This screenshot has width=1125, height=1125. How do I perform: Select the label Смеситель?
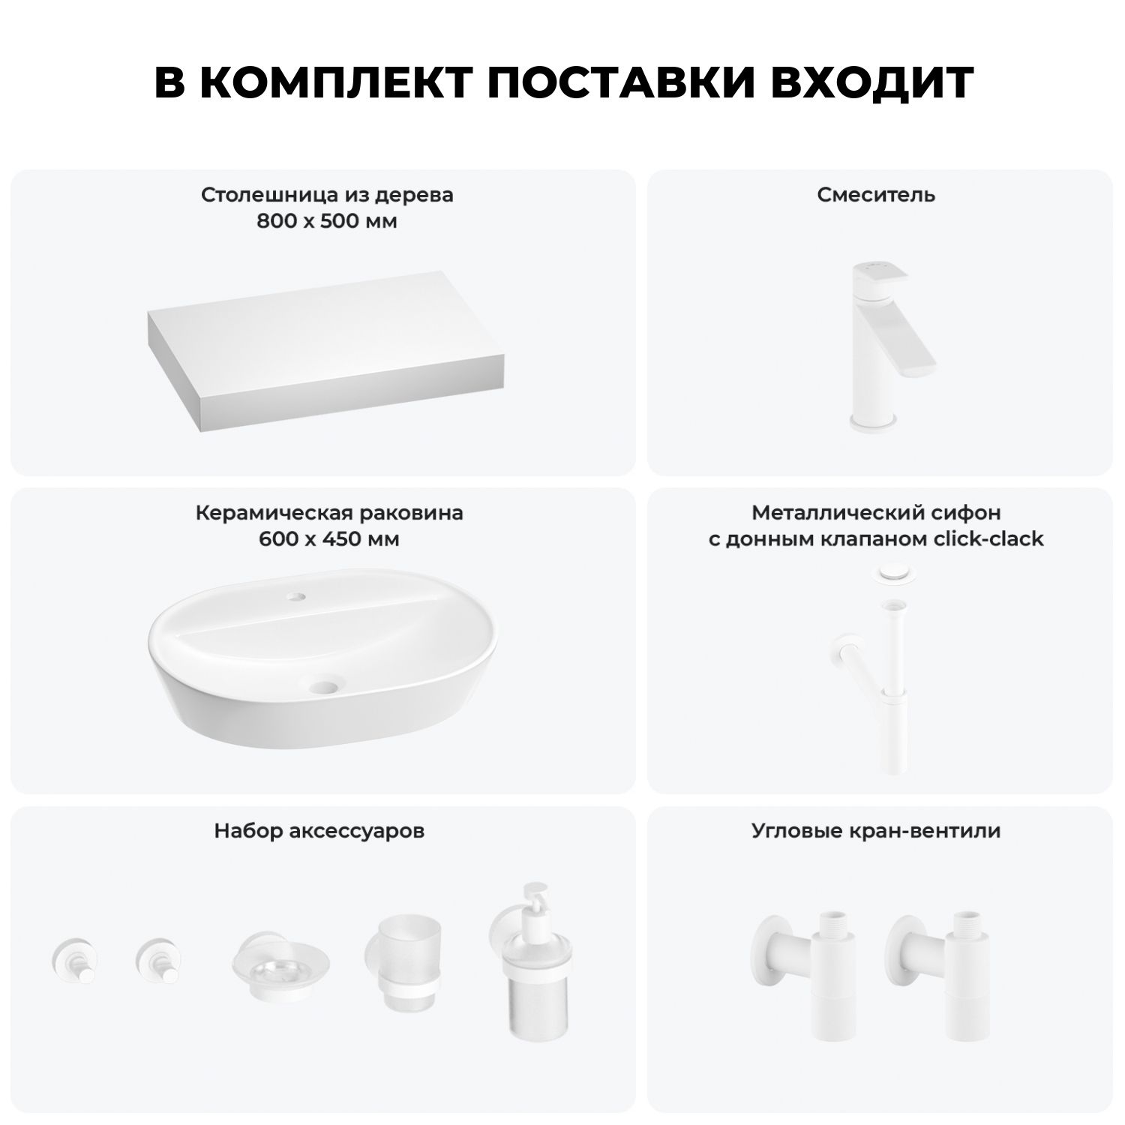click(876, 195)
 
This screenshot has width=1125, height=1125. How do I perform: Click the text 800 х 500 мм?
click(326, 221)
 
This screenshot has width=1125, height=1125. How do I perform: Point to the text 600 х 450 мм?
click(328, 539)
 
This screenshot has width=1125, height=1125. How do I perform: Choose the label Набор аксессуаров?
click(319, 831)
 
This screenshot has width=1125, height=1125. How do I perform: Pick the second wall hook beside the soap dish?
click(159, 960)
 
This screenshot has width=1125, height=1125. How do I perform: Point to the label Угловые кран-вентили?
click(876, 831)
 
